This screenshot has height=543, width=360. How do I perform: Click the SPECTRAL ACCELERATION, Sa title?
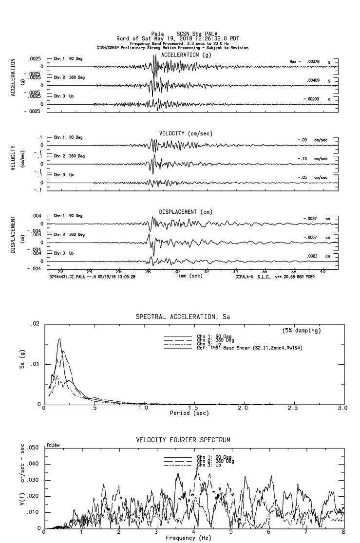183,317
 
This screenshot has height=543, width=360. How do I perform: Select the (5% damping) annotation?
302,331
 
